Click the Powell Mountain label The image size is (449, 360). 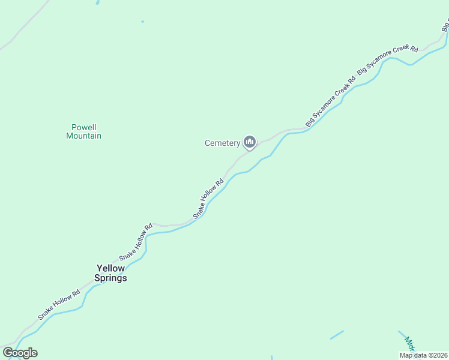click(x=83, y=131)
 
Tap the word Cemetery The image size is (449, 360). click(x=222, y=143)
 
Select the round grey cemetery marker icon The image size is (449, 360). click(x=250, y=142)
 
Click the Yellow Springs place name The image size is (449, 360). click(x=111, y=273)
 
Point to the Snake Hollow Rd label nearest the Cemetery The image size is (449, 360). click(x=208, y=197)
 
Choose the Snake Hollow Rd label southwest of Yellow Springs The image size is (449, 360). click(x=59, y=305)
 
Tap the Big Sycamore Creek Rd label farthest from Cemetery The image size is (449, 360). click(x=387, y=59)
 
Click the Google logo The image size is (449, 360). click(x=20, y=353)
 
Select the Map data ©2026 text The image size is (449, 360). click(x=423, y=355)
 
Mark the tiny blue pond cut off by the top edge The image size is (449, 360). click(x=97, y=2)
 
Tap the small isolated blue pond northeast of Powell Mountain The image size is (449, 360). click(x=142, y=22)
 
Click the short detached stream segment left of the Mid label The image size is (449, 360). click(x=337, y=335)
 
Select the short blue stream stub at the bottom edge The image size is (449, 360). click(x=271, y=358)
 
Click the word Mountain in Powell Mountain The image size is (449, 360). click(x=83, y=136)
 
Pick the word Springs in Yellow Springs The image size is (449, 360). click(x=111, y=278)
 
